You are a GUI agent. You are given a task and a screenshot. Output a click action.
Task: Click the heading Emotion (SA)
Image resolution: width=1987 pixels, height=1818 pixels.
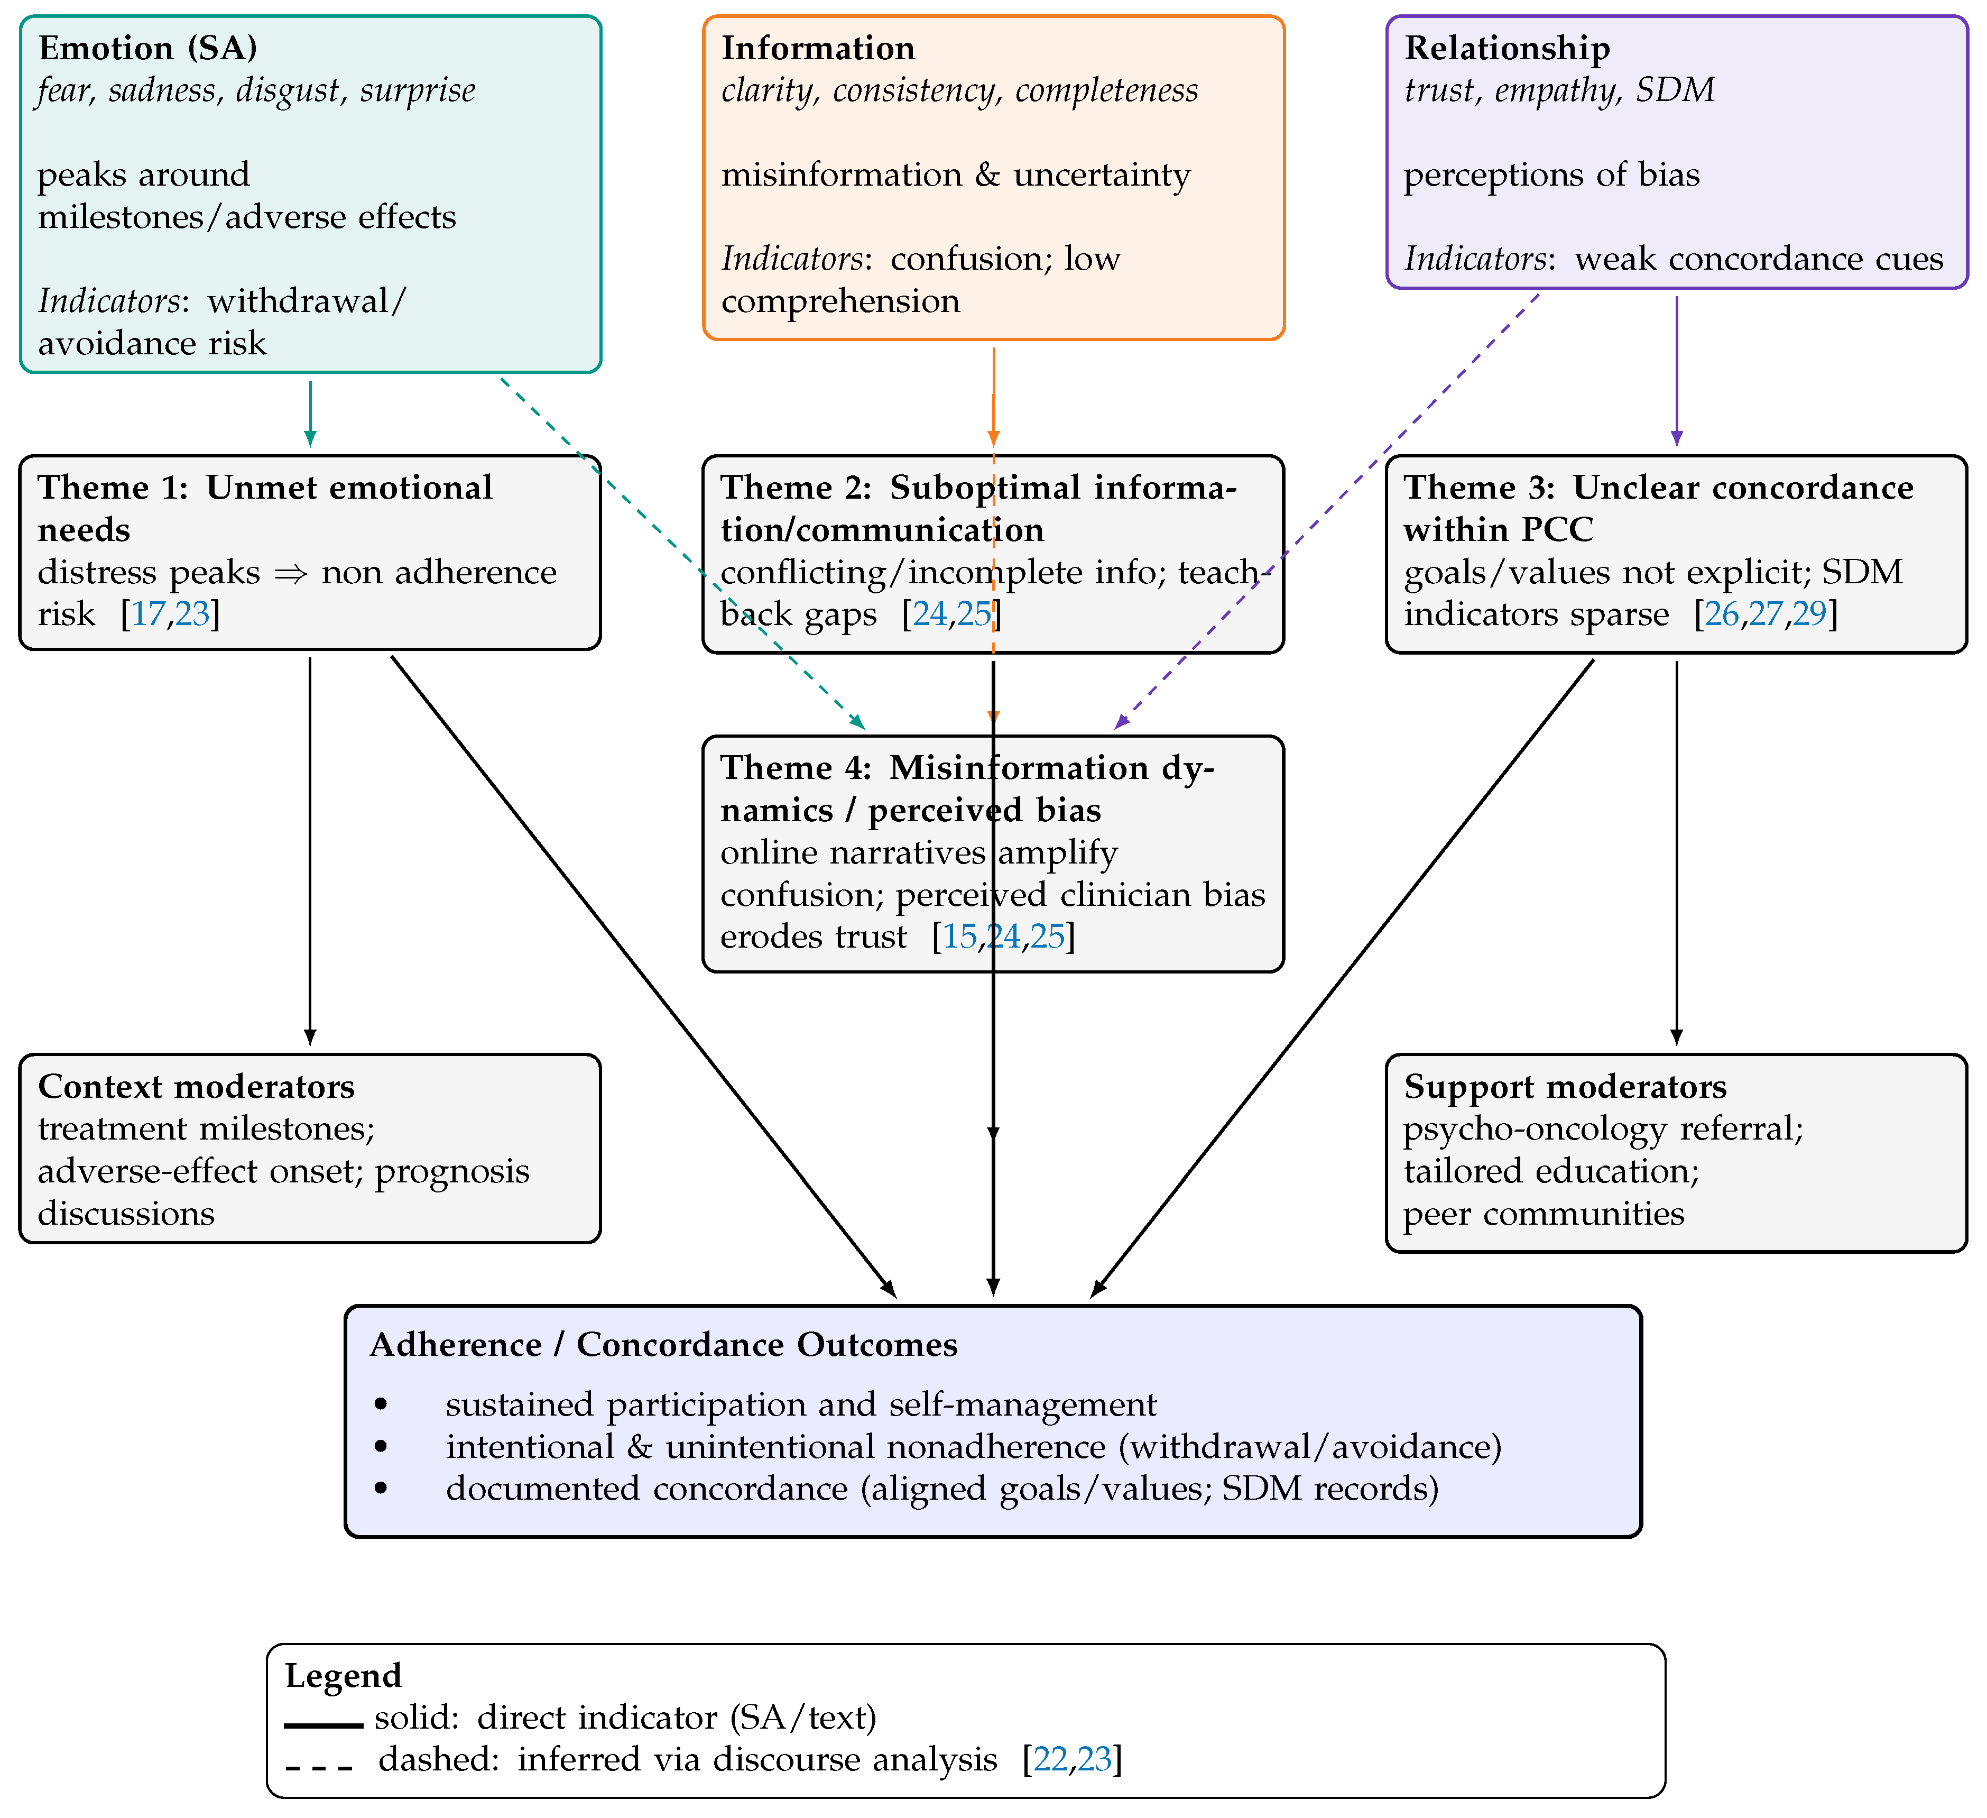148,48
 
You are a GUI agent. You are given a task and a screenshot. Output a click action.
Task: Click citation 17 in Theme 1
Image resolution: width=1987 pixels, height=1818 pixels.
149,614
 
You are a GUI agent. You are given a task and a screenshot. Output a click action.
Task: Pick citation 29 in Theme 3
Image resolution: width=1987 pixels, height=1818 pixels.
1809,614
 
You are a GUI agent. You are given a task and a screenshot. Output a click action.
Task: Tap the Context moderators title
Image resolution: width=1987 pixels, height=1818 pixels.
196,1087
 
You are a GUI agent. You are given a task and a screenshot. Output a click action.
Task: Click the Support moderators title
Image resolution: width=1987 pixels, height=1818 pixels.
1564,1087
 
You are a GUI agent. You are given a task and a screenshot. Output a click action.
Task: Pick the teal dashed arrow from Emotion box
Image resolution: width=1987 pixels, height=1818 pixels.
680,552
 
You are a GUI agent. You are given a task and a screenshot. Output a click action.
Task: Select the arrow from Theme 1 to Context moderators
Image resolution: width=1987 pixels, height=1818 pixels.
310,848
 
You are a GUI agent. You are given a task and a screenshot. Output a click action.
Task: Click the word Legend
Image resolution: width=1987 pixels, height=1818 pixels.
343,1676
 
